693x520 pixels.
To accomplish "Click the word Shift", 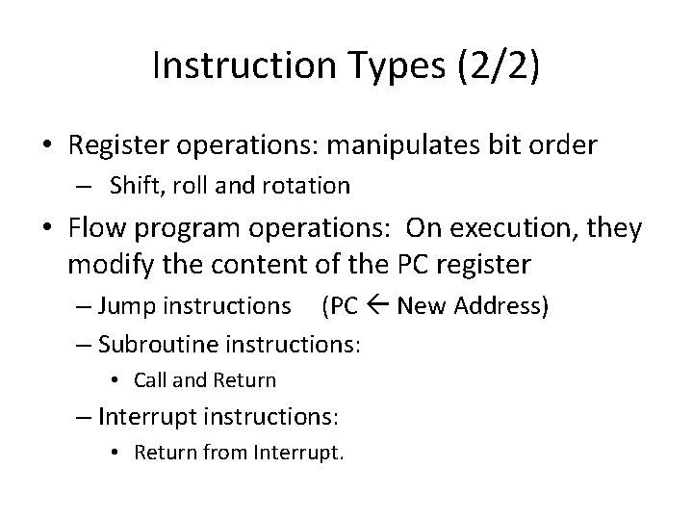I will (x=134, y=184).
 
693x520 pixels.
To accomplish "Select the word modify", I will (x=104, y=263).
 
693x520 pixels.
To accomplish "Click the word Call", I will (x=149, y=380).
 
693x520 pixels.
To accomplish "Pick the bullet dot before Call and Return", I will (x=115, y=381).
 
